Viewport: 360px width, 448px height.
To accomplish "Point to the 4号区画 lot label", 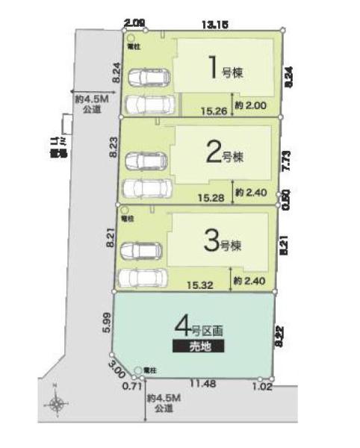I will (198, 326).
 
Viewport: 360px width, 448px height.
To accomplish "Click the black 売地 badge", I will (198, 346).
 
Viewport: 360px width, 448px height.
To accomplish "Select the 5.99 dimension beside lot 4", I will (105, 321).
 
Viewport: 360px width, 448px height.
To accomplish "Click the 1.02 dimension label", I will (262, 386).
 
